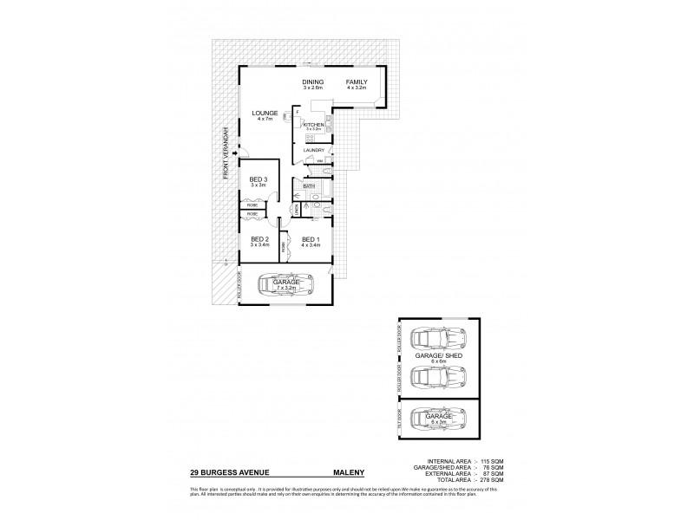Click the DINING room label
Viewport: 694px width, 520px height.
click(313, 81)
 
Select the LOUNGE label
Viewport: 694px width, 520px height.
click(265, 114)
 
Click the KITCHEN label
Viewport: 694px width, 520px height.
click(313, 125)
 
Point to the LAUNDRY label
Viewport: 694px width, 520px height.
click(313, 150)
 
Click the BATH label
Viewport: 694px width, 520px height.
click(309, 185)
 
